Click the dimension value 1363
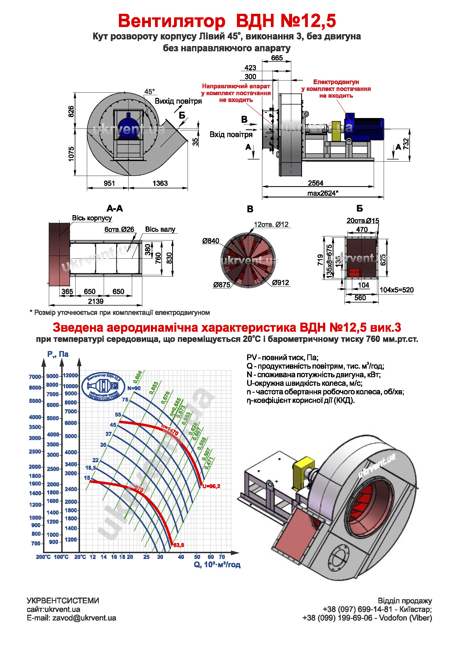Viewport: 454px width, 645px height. coord(160,183)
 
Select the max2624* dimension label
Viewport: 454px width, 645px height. coord(322,193)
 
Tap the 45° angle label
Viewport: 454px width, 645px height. coord(149,92)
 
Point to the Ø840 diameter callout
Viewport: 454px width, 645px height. coord(210,241)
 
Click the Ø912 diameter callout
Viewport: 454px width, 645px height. coord(281,283)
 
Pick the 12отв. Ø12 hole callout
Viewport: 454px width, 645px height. coord(271,224)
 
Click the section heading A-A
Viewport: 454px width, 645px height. coord(115,208)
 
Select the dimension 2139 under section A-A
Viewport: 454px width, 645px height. coord(96,301)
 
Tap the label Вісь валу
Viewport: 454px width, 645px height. coord(160,229)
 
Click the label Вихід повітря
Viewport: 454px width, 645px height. coord(178,101)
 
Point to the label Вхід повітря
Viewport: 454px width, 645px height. coord(231,135)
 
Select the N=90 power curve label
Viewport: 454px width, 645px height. coord(134,388)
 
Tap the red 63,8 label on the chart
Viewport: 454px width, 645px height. coord(179,545)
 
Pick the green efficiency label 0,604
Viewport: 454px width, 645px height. coord(138,377)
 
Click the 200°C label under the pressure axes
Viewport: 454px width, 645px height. coord(43,557)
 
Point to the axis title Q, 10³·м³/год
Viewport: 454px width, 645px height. coord(217,565)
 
